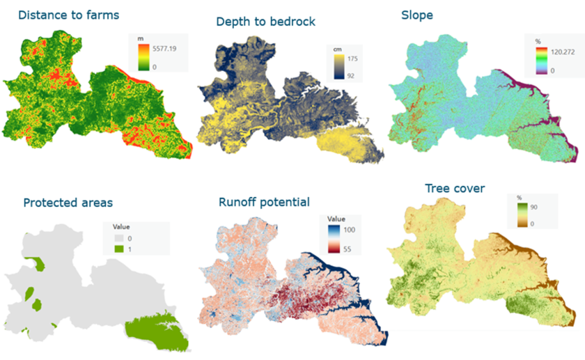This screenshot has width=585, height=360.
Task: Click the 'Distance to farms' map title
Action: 68,15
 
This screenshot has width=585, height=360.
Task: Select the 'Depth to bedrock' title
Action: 266,22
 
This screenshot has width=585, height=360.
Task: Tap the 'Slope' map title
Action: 416,15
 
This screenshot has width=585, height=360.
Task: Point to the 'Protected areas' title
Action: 68,203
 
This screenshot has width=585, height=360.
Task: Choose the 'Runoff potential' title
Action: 264,203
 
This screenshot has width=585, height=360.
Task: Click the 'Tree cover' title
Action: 456,189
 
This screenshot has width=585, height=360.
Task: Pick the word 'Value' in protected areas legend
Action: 123,226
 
